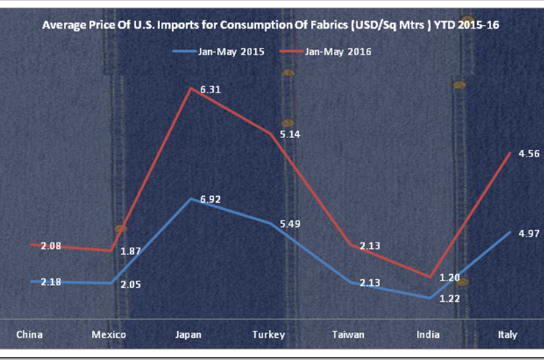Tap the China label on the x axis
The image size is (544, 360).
point(29,334)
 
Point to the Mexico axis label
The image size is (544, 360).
point(109,334)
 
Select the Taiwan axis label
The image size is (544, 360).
point(348,334)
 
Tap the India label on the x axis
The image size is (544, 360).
point(427,334)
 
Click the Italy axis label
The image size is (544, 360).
point(507,334)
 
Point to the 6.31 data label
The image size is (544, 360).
point(200,90)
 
